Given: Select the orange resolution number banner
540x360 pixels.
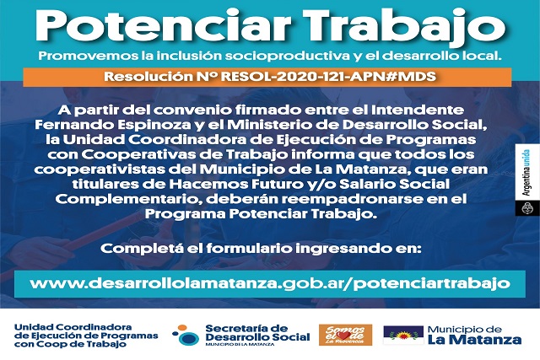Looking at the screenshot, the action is coord(267,77).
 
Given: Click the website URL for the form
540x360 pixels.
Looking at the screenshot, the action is coord(270,283).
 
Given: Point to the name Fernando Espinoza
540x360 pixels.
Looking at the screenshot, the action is coord(113,125).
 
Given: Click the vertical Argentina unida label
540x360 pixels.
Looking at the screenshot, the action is coord(526,173).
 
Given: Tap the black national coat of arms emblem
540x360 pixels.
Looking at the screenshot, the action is coord(526,208).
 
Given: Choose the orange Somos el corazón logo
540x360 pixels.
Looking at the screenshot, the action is coord(345,335).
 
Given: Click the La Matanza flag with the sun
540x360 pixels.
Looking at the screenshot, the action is coord(403,335).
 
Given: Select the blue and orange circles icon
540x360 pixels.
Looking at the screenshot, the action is coord(186,335).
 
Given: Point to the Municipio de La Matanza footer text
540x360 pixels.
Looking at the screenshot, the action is coord(474,336).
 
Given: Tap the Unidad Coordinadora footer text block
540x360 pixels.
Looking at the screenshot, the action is coord(86,336).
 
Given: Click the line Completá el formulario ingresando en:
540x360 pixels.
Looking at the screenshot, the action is coord(261,249).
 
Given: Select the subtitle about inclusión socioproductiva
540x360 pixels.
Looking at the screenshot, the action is coord(270,56).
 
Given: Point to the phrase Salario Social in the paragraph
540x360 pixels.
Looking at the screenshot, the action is coord(395,184).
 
